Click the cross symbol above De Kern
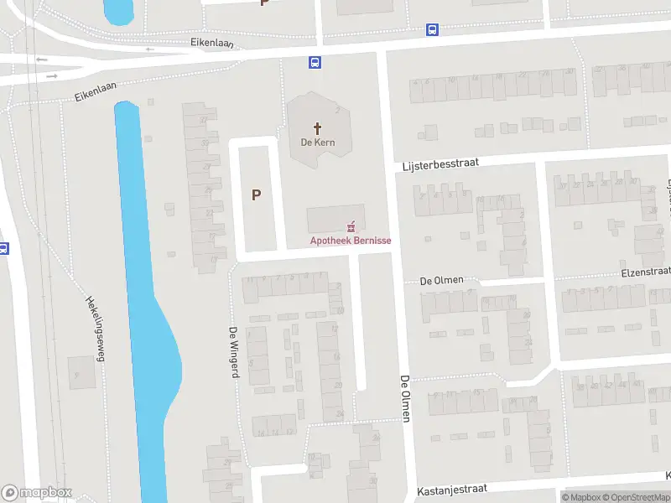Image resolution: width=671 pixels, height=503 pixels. tap(318, 128)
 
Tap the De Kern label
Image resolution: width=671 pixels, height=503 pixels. tap(318, 143)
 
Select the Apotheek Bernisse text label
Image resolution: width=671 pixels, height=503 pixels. tap(351, 241)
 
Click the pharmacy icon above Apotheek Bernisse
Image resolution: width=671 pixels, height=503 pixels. tap(351, 226)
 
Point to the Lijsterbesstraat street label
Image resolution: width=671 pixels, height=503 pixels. tap(440, 165)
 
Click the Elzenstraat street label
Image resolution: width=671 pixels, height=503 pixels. tap(645, 272)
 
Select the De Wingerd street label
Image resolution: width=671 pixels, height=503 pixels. tap(235, 352)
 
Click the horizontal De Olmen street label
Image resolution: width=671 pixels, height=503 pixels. tap(441, 280)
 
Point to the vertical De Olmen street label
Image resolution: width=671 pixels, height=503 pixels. tap(405, 397)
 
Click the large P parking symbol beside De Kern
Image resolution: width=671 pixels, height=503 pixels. tap(257, 194)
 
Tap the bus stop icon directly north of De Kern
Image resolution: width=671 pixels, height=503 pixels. tap(315, 62)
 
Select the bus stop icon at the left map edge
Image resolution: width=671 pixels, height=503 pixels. tap(3, 249)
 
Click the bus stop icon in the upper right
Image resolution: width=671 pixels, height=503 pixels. tap(432, 30)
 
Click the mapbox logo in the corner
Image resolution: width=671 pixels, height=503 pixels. tap(37, 492)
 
